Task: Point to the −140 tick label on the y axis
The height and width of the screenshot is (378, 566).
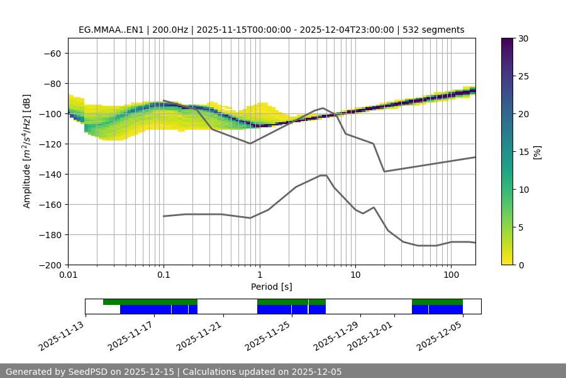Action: click(x=50, y=175)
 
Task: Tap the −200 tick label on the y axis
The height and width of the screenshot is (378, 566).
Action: click(x=50, y=265)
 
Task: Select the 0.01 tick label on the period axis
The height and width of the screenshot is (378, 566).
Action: click(x=68, y=275)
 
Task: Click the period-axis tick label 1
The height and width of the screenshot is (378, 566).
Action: click(x=260, y=275)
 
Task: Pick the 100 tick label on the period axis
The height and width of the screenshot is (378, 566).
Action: click(x=450, y=275)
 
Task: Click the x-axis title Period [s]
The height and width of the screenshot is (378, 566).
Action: click(x=272, y=287)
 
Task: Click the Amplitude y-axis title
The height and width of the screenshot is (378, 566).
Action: click(x=27, y=151)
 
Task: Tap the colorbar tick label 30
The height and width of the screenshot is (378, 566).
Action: click(x=523, y=38)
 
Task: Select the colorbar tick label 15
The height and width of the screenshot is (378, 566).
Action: click(x=523, y=152)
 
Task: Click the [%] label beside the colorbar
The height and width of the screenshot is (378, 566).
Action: click(x=538, y=151)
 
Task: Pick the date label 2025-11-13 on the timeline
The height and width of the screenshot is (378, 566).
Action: click(x=63, y=335)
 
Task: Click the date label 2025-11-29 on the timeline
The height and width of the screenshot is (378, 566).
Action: click(x=338, y=335)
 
